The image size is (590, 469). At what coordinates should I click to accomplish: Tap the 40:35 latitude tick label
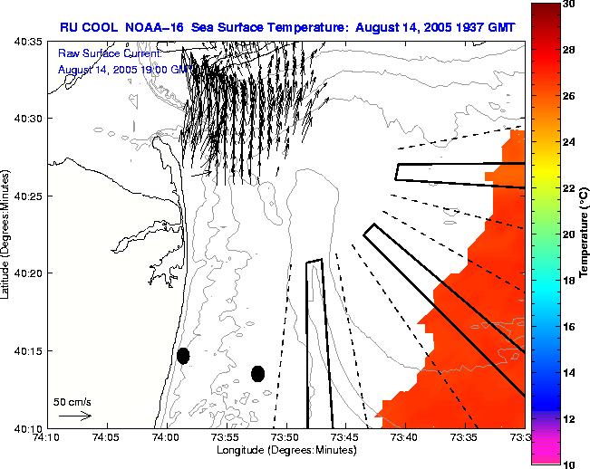pyautogui.click(x=24, y=43)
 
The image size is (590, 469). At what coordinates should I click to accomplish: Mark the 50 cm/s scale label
pyautogui.click(x=72, y=401)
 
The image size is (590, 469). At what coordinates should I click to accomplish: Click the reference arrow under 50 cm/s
pyautogui.click(x=75, y=416)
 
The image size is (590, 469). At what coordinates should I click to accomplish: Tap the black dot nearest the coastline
pyautogui.click(x=183, y=356)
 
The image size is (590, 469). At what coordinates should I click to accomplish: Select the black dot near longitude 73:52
pyautogui.click(x=257, y=373)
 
